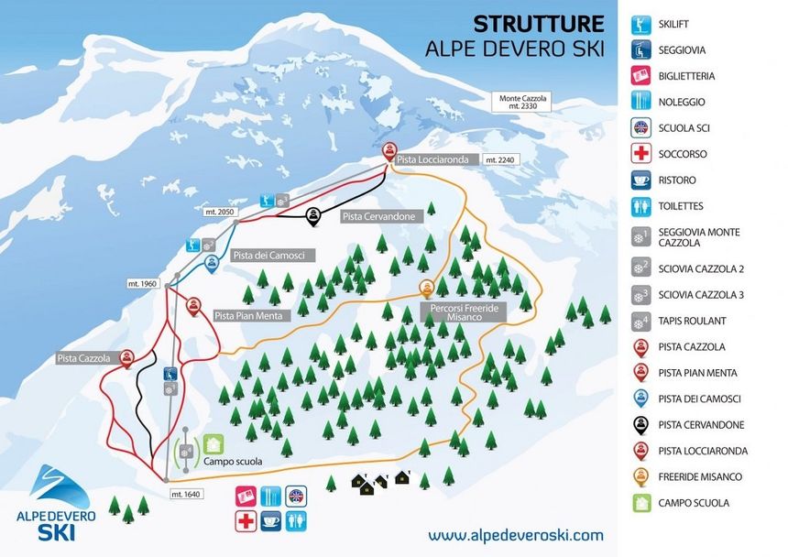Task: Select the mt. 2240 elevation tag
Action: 503,159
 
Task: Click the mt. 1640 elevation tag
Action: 186,495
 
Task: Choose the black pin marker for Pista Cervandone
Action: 314,215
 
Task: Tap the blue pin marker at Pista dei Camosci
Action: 212,264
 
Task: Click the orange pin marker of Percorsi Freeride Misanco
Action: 426,289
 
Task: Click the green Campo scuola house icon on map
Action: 213,444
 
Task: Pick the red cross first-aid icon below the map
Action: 246,520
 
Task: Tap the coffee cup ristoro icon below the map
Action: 271,520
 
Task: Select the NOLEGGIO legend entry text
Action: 681,103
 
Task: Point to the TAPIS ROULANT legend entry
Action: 691,322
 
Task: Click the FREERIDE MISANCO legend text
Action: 700,477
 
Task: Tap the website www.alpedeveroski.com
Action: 516,534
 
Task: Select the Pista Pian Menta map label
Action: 250,316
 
